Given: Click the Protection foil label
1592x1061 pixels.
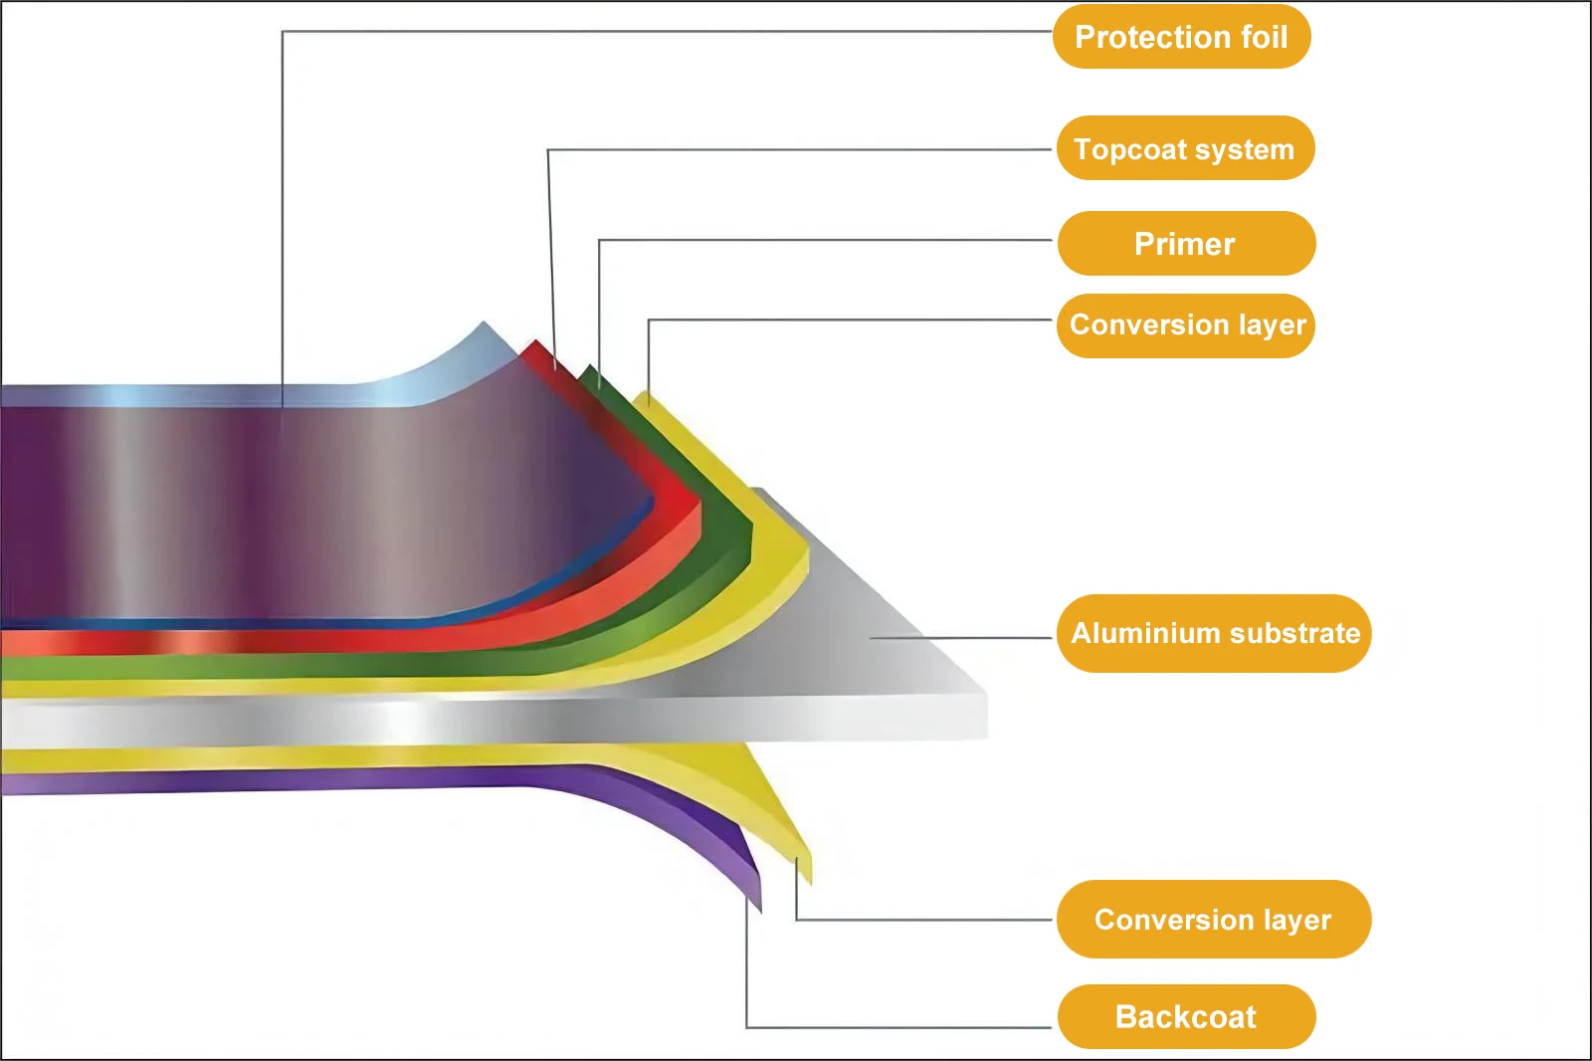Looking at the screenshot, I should [x=1181, y=37].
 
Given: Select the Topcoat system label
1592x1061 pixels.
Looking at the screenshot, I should [x=1185, y=148].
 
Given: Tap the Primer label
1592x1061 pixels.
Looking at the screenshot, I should [x=1186, y=244].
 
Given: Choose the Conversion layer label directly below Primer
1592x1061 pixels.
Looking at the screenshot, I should [x=1186, y=325].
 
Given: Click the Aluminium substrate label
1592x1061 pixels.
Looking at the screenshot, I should [x=1214, y=633].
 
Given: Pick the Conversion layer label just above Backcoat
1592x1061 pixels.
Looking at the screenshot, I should [x=1213, y=919].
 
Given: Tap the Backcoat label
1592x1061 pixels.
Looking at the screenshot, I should [x=1186, y=1016].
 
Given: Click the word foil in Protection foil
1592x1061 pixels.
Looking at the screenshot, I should [x=1262, y=37].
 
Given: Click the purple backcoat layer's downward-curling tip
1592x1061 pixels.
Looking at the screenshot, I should [x=757, y=901].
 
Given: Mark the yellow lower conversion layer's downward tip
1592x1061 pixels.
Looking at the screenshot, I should [x=807, y=874].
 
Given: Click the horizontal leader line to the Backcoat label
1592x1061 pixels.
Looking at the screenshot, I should [x=895, y=1026].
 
